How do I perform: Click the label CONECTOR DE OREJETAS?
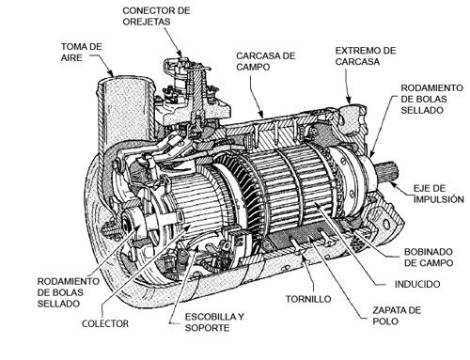[x=156, y=16]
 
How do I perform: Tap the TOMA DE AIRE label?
[x=82, y=52]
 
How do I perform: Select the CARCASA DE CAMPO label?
[x=266, y=61]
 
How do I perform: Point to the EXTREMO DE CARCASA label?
[x=366, y=55]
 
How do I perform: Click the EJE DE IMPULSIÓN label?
[x=439, y=194]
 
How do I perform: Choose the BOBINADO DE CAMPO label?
[x=429, y=258]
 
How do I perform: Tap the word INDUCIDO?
[x=417, y=284]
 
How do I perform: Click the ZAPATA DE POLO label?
[x=397, y=316]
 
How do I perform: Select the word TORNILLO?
[x=308, y=299]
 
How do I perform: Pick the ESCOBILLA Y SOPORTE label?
[x=214, y=322]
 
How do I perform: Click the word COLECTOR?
[x=105, y=323]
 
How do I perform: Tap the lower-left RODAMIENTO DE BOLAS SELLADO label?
[x=69, y=292]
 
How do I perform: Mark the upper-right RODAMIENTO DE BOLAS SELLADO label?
[x=431, y=99]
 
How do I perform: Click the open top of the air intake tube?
[x=126, y=81]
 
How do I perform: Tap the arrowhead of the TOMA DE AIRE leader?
[x=111, y=74]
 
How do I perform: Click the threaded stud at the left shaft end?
[x=112, y=227]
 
